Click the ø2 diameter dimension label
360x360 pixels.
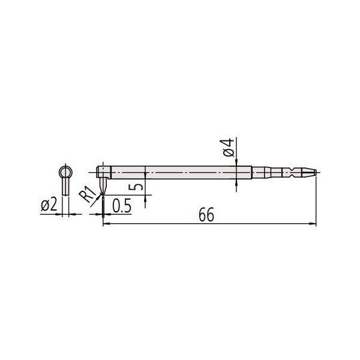coord(49,205)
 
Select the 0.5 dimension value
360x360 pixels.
coord(122,205)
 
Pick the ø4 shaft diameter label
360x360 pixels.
coord(227,148)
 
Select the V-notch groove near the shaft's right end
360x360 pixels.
coord(290,173)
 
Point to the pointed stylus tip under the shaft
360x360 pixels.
coord(103,190)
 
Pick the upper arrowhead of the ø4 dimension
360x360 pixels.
coord(237,164)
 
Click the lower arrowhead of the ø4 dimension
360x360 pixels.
coord(237,182)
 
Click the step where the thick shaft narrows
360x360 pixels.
coord(251,173)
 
